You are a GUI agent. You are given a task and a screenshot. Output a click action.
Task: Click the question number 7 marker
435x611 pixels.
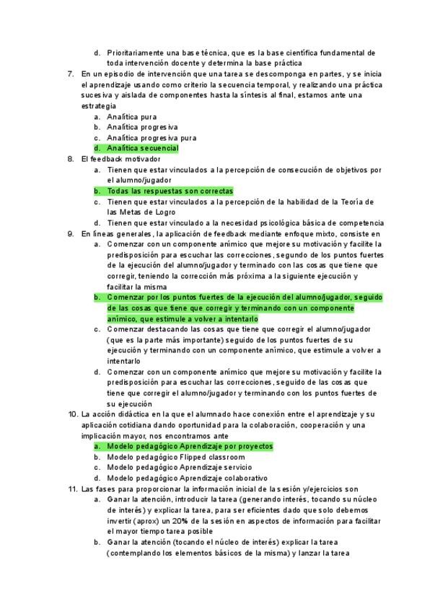[x=70, y=74]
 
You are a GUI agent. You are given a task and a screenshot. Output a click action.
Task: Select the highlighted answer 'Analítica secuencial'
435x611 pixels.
[x=142, y=148]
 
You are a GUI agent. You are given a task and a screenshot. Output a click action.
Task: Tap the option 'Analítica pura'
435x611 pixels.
[x=131, y=117]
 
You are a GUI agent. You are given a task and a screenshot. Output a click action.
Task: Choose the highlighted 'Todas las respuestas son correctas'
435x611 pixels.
[x=170, y=191]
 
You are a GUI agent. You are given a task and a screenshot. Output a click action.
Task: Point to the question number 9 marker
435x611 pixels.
[x=70, y=233]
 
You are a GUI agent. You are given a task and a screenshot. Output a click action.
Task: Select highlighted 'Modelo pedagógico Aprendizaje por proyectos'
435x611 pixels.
[x=190, y=446]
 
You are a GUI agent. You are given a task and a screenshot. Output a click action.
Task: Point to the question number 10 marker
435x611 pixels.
[x=72, y=414]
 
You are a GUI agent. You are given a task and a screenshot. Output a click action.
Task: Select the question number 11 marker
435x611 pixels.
[x=72, y=489]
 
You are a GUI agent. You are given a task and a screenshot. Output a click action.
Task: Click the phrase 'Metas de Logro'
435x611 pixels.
[x=149, y=213]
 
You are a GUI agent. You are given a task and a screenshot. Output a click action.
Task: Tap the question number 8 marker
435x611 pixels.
[x=70, y=159]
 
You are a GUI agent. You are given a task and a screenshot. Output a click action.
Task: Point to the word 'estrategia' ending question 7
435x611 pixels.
[x=99, y=106]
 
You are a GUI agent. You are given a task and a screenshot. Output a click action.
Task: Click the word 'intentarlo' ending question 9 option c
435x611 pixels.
[x=124, y=361]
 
